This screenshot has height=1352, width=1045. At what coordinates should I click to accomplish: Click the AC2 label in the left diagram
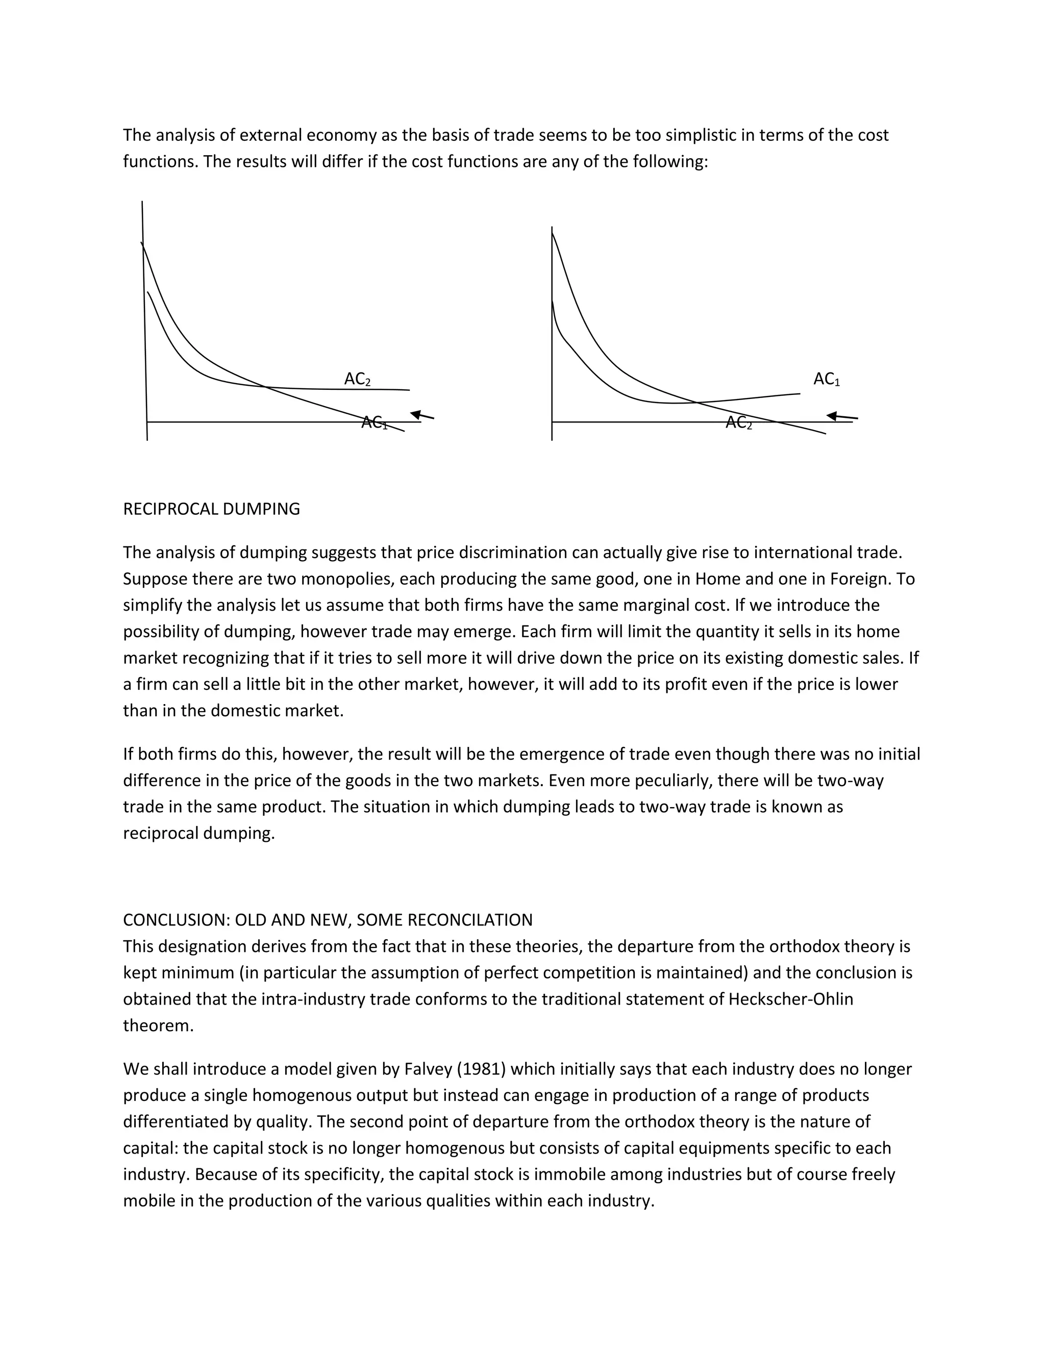point(357,379)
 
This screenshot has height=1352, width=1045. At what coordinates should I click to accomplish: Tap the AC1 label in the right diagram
point(827,379)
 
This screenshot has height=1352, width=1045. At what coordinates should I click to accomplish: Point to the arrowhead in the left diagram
point(415,414)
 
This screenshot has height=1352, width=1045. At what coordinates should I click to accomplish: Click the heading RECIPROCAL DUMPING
point(211,509)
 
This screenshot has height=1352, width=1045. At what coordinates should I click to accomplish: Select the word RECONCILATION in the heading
point(470,920)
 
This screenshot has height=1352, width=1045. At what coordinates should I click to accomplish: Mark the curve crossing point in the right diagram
point(696,403)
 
